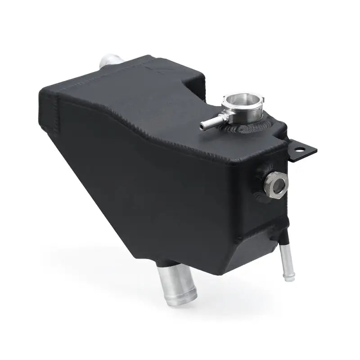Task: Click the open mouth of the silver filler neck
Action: [x=239, y=99]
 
